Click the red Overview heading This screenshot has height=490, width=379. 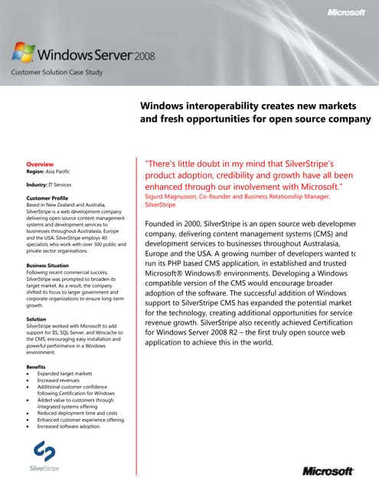[x=40, y=165]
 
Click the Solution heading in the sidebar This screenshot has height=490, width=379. [x=38, y=318]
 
